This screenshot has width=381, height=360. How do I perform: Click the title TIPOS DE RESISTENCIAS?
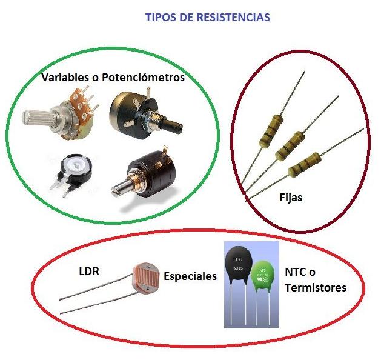click(207, 18)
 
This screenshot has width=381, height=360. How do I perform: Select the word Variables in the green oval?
click(62, 78)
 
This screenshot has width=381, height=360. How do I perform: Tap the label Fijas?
click(290, 197)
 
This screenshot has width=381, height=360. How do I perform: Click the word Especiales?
click(190, 276)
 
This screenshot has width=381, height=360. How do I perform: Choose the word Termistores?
click(315, 288)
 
